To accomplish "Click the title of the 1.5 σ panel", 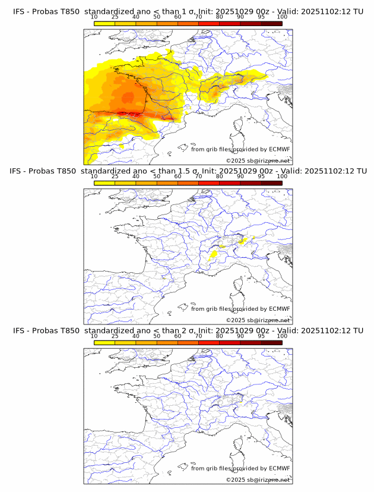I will coord(187,171).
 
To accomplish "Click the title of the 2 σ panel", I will coord(187,330).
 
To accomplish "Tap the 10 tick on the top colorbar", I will coord(94,17).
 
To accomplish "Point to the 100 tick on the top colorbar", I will coord(282,17).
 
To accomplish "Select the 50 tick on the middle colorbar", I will coord(157,176).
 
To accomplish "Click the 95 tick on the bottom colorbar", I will coord(261,336).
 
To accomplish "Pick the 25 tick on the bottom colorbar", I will coord(115,336).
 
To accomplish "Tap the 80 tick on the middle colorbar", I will coord(220,176).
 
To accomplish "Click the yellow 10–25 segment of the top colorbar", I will coord(104,23).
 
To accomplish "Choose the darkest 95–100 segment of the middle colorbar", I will coord(271,183).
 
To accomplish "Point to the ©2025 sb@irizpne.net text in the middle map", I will coord(258,320).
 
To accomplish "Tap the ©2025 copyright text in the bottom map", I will coord(258,480).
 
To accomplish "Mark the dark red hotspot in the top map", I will coord(131,113).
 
